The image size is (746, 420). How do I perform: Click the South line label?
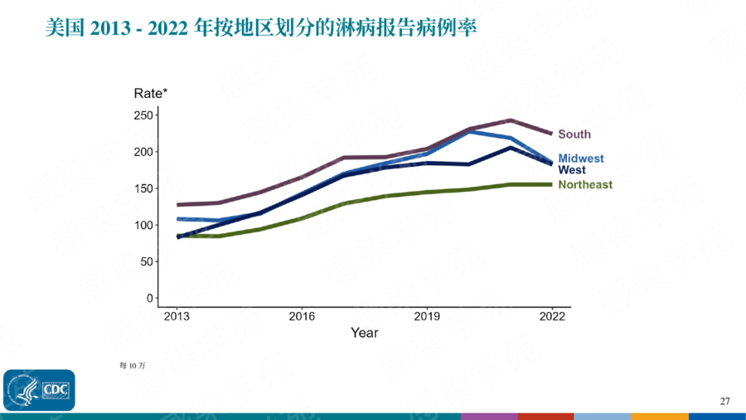point(574,134)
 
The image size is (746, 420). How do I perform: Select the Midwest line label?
point(581,159)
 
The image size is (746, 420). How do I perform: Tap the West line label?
point(572,170)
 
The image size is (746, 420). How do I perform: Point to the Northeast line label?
point(585,184)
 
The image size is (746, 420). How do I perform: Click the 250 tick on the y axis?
point(144,115)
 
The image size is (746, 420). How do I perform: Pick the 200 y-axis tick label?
point(144,152)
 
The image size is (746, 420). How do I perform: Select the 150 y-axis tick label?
point(144,188)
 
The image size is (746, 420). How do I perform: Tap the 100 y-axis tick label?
point(144,225)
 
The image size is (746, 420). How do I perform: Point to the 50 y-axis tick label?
point(147,261)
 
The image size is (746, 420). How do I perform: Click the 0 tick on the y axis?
point(150,298)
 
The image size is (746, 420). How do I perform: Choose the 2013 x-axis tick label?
point(176,316)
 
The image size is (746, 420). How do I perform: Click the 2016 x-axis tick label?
point(302,316)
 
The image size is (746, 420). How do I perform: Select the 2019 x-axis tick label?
point(427,316)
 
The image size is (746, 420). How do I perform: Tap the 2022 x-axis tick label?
point(552,316)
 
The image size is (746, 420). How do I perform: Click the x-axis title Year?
point(364,333)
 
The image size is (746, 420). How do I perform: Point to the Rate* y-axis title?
point(151,93)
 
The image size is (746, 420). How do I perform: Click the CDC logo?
point(39,390)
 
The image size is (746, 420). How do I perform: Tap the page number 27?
point(724,402)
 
